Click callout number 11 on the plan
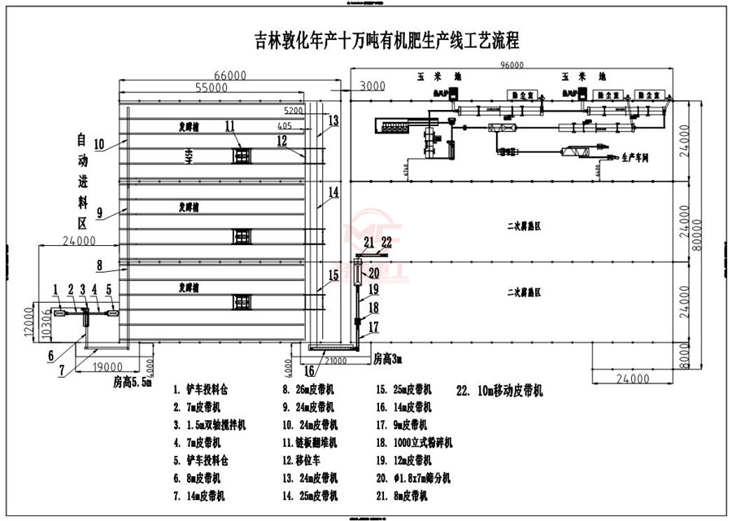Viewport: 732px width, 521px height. (230, 125)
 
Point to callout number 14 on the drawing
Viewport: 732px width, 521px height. (333, 193)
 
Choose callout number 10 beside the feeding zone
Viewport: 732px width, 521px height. (99, 145)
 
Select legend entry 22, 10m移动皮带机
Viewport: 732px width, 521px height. (499, 390)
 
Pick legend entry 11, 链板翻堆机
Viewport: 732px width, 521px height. (314, 442)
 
